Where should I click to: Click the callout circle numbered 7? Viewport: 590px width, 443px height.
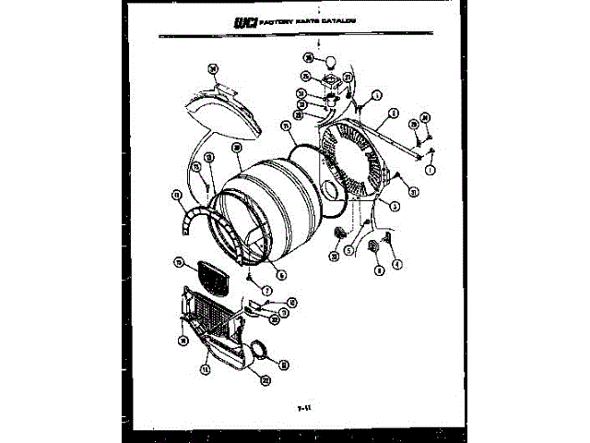pyautogui.click(x=266, y=291)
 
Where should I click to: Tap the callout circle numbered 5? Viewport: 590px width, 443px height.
pyautogui.click(x=350, y=248)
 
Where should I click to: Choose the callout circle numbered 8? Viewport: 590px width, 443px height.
pyautogui.click(x=378, y=269)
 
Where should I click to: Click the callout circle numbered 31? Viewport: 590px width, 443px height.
pyautogui.click(x=415, y=192)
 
